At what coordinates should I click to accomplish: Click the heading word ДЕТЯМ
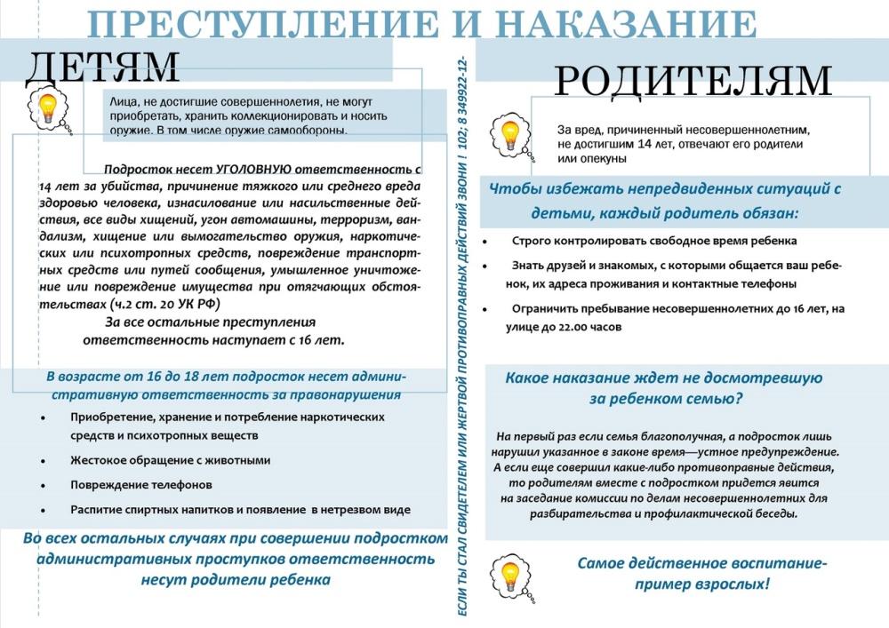click(x=103, y=65)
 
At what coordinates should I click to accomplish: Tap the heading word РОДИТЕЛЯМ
click(x=693, y=82)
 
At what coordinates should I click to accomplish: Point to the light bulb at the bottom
click(x=510, y=573)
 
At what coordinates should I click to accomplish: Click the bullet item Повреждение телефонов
click(x=141, y=485)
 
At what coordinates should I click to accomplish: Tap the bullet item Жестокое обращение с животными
click(x=170, y=461)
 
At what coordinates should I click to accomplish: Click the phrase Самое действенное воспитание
click(x=701, y=563)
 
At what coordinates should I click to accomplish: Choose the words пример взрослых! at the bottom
click(x=701, y=584)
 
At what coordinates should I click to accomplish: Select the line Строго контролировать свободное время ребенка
click(x=653, y=241)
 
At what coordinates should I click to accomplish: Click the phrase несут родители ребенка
click(x=236, y=580)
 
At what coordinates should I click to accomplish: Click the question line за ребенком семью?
click(x=665, y=399)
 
